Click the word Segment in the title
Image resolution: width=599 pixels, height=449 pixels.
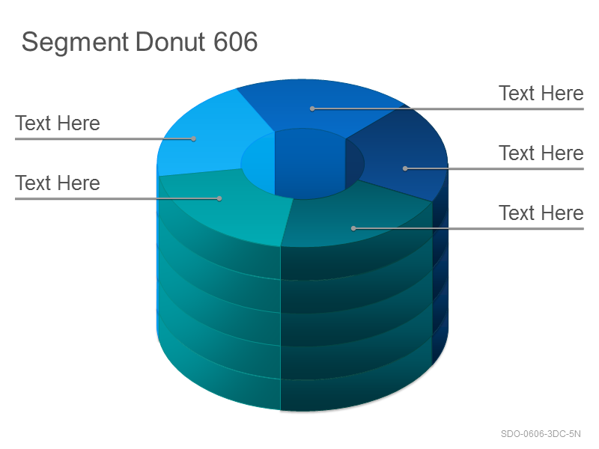point(76,43)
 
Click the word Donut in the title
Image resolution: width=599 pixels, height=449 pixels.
point(171,41)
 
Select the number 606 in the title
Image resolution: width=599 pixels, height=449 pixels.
point(235,41)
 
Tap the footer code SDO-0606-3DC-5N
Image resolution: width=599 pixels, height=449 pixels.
point(541,434)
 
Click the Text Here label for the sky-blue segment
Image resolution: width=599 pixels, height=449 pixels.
point(58,123)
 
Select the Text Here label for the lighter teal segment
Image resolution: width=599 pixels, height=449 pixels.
point(58,183)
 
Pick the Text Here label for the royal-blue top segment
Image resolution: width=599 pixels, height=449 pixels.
point(541,94)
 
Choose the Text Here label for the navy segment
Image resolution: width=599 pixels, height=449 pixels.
point(541,153)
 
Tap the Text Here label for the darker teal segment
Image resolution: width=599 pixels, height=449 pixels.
point(541,213)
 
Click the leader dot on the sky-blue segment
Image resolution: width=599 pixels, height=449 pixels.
point(194,138)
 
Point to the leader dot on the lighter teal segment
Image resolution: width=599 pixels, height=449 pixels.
point(219,198)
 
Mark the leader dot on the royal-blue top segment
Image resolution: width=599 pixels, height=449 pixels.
point(312,109)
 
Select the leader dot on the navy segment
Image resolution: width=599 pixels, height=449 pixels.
point(405,168)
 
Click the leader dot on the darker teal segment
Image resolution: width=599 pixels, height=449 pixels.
point(353,228)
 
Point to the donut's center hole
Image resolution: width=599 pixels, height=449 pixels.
point(302,164)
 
